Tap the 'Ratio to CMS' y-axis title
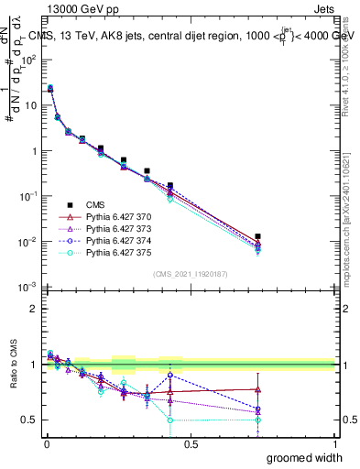(x=12, y=379)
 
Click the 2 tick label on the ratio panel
(x=32, y=309)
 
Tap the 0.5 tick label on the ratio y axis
(x=28, y=420)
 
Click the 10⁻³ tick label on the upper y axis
(x=27, y=288)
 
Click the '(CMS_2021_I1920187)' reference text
(x=189, y=274)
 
